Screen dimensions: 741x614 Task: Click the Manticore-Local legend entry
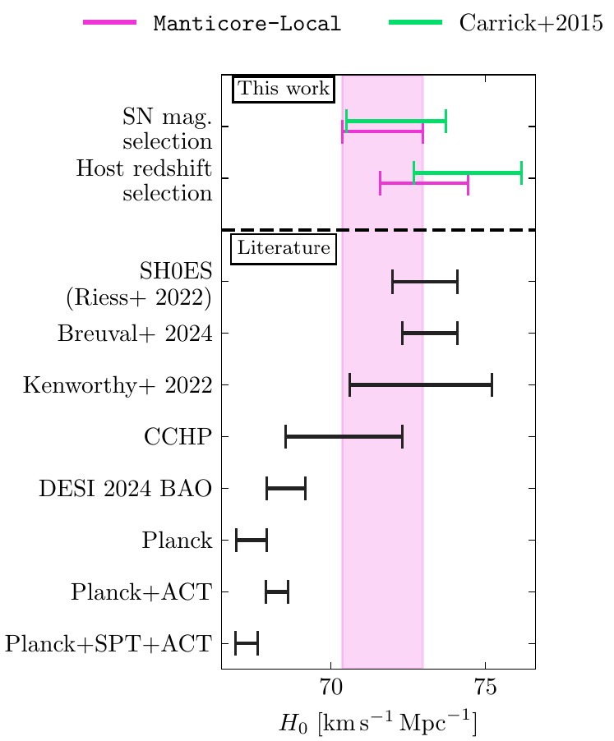coord(212,23)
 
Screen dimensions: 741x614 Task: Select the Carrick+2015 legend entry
coord(496,23)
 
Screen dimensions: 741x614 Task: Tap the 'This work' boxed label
coord(284,89)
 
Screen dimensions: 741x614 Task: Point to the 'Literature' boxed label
coord(284,247)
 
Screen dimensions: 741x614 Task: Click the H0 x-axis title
coord(378,724)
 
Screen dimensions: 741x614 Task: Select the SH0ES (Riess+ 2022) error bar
coord(424,282)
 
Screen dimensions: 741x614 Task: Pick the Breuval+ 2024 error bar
coord(429,334)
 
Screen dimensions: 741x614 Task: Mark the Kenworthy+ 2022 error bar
coord(421,384)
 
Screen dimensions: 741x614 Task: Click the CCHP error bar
coord(344,436)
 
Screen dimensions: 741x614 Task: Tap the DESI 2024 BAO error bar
coord(285,488)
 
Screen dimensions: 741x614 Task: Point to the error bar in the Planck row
coord(252,540)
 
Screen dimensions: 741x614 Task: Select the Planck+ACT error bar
coord(276,591)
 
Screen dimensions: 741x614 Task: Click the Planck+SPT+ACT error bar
coord(247,643)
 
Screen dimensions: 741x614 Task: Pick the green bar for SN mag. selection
coord(396,121)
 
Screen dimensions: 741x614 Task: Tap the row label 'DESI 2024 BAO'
coord(125,488)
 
